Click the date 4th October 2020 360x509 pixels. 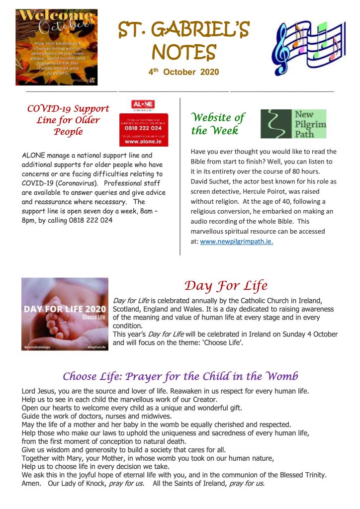(x=183, y=72)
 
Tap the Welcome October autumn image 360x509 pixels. (x=56, y=43)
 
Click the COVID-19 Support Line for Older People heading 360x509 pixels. (x=68, y=120)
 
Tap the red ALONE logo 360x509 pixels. (x=143, y=105)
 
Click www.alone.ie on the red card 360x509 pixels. (x=143, y=141)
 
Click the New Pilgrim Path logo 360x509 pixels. (x=293, y=124)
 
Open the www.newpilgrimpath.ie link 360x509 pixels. (x=236, y=242)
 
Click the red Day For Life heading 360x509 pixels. (x=226, y=286)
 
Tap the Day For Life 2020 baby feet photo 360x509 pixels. (x=65, y=314)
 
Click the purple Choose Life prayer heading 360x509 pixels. (x=180, y=376)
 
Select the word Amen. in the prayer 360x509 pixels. (x=31, y=483)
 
